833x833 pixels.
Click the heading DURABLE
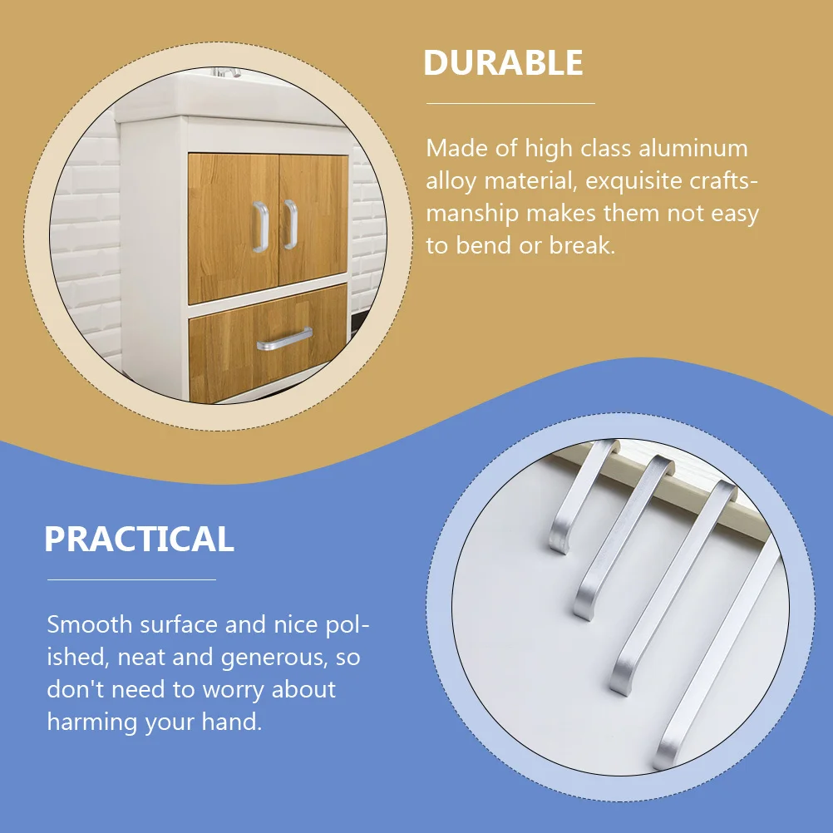pyautogui.click(x=503, y=63)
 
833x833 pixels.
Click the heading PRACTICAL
pyautogui.click(x=139, y=540)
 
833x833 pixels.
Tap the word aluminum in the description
pyautogui.click(x=693, y=149)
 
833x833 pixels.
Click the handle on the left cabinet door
pyautogui.click(x=260, y=226)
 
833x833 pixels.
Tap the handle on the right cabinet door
pyautogui.click(x=290, y=224)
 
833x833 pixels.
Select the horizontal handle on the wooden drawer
pyautogui.click(x=284, y=339)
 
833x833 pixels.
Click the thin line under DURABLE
pyautogui.click(x=510, y=104)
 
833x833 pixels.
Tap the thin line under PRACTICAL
pyautogui.click(x=131, y=579)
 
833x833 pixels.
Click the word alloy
pyautogui.click(x=451, y=180)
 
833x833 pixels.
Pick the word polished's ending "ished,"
pyautogui.click(x=79, y=657)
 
